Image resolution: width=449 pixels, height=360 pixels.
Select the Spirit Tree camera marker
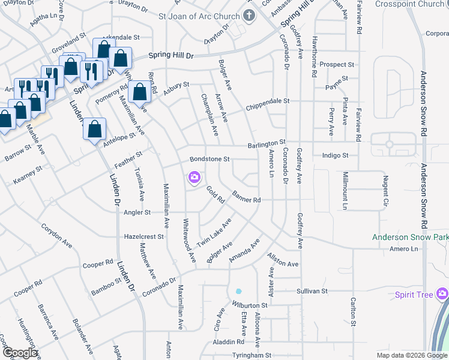point(442,294)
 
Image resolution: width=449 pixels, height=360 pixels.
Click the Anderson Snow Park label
point(411,238)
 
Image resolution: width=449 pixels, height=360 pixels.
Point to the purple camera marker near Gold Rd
point(194,177)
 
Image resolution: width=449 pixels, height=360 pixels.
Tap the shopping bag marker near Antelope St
point(95,129)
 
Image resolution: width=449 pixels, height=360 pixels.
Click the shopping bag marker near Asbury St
point(139,92)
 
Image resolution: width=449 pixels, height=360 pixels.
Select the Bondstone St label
point(210,160)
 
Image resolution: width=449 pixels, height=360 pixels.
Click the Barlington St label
point(267,145)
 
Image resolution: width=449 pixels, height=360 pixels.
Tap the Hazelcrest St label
point(143,237)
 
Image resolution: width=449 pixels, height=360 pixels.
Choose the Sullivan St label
point(312,291)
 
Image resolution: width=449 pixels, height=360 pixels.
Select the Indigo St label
point(335,155)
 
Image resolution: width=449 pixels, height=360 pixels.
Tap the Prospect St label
point(337,64)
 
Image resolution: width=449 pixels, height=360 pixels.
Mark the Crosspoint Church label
point(411,4)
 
